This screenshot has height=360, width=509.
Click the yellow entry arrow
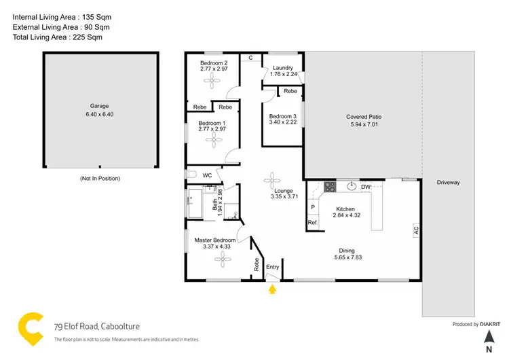273,291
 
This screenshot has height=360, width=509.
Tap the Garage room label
100,106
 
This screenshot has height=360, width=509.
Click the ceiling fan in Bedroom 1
217,140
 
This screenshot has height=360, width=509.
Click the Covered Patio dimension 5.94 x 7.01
366,125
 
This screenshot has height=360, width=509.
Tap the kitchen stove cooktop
330,187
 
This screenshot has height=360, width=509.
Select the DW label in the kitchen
365,187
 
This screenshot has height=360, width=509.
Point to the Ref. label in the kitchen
313,223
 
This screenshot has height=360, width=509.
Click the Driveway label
448,182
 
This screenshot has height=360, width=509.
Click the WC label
208,175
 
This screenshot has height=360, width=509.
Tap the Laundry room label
282,68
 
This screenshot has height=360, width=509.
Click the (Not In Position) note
100,178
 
